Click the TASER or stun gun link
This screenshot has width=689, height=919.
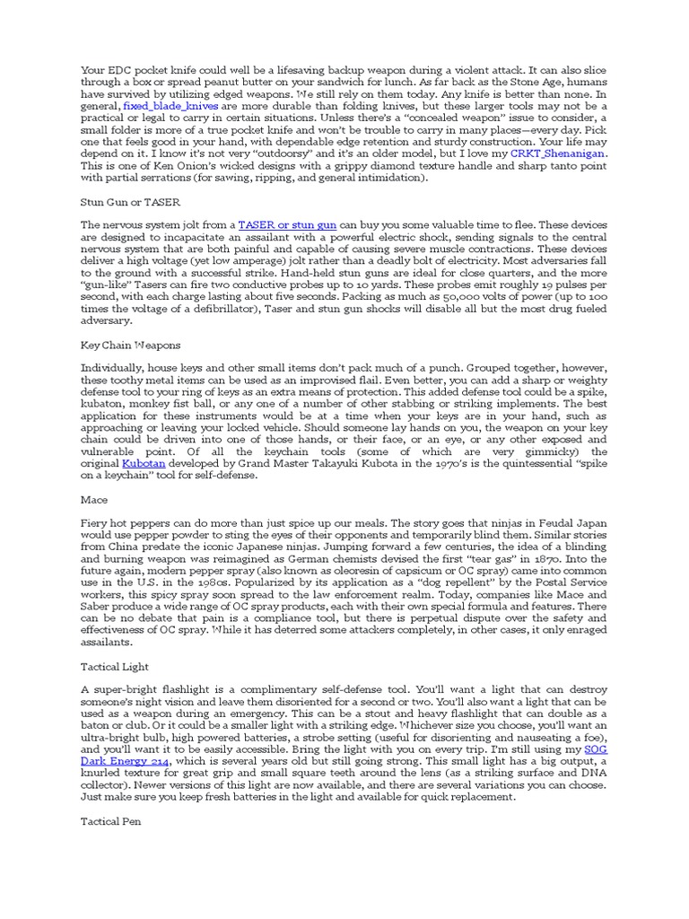click(287, 224)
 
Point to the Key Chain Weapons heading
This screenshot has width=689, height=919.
click(130, 345)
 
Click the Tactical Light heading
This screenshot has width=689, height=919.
click(115, 666)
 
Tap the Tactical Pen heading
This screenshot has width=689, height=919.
click(111, 820)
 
